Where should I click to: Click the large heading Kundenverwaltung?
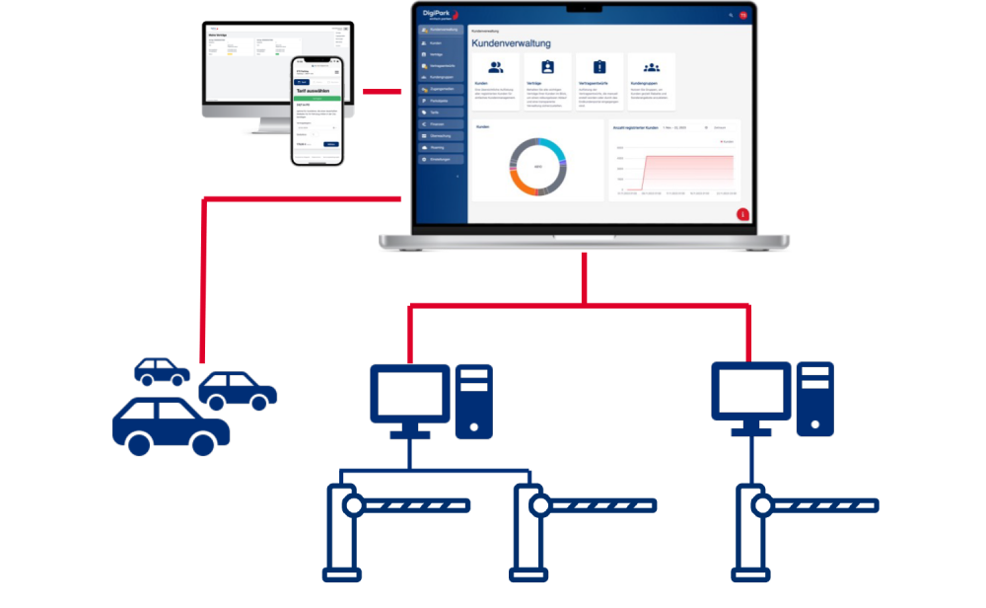[x=511, y=43]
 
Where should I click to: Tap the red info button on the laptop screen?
[x=742, y=214]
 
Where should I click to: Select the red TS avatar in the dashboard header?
[x=743, y=15]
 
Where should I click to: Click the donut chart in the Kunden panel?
[x=537, y=166]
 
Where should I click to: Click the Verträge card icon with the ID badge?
[x=548, y=67]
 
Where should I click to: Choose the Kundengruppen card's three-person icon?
[x=651, y=67]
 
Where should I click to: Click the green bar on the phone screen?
[x=317, y=99]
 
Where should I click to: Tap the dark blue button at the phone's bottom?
[x=331, y=144]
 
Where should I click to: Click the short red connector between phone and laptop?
[x=383, y=92]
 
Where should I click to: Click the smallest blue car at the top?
[x=161, y=371]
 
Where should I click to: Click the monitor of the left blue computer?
[x=409, y=392]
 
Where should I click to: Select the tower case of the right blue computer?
[x=814, y=400]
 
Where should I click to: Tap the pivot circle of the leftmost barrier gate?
[x=352, y=506]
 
